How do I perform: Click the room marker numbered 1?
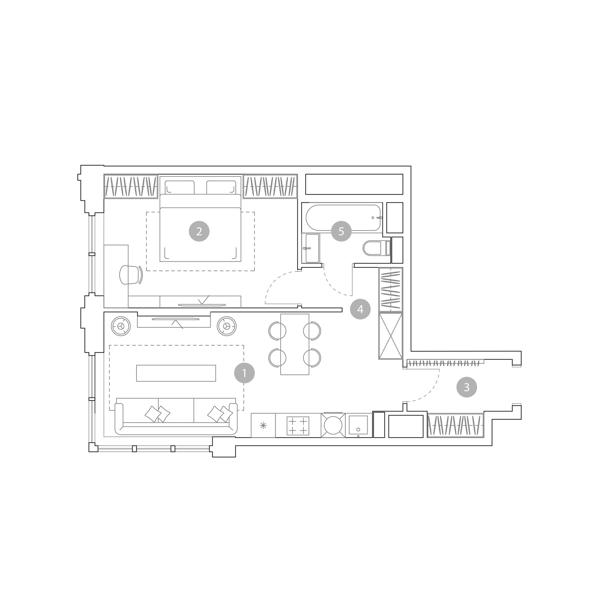(244, 373)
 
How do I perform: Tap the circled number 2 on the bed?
(199, 231)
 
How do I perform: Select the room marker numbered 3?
(467, 387)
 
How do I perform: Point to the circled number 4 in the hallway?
(360, 309)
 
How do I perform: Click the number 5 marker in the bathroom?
(341, 231)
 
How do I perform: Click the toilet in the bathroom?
(376, 248)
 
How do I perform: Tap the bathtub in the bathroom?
(343, 218)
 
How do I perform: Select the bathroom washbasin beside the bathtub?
(311, 248)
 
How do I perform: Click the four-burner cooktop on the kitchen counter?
(298, 426)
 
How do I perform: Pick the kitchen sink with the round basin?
(333, 425)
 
